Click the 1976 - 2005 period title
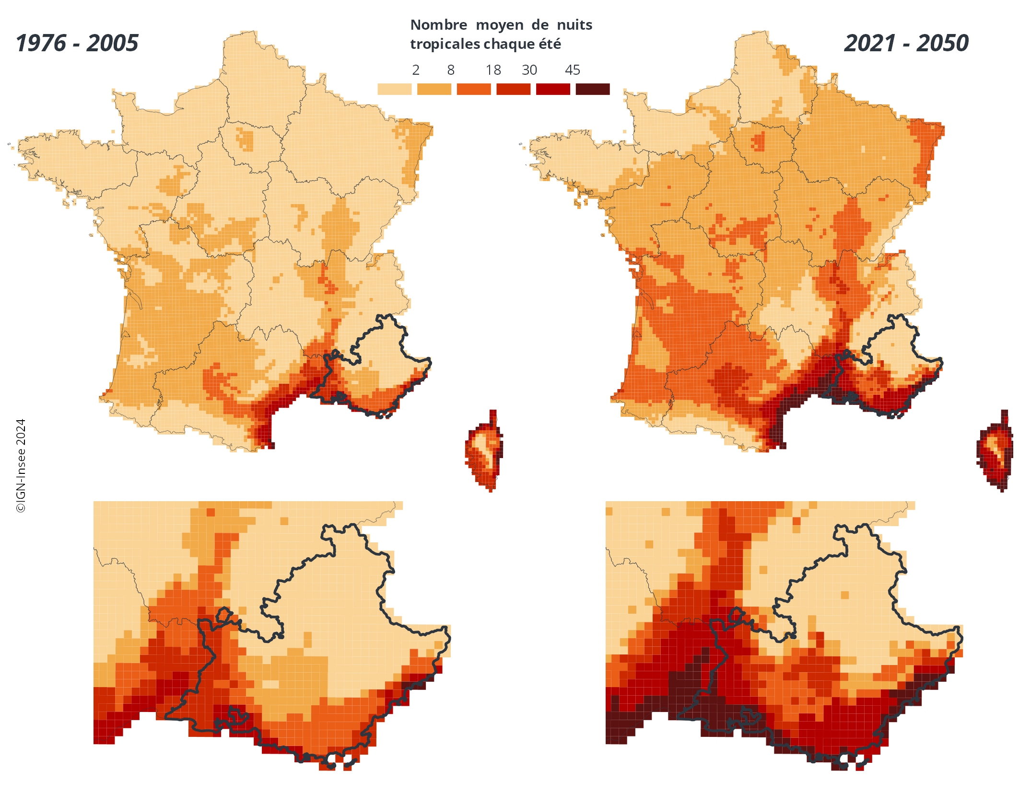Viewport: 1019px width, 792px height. coord(77,43)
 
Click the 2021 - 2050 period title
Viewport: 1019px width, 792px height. coord(906,43)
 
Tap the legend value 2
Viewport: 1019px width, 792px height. coord(416,70)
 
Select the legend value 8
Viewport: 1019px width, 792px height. coord(451,70)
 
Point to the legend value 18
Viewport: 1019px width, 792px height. coord(493,70)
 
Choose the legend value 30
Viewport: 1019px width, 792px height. coord(529,70)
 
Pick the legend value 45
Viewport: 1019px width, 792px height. coord(573,70)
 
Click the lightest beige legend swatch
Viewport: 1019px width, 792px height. coord(394,89)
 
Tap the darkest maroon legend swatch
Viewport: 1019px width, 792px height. coord(592,89)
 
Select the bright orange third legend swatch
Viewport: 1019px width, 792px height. coord(473,89)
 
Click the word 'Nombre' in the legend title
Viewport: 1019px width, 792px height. coord(439,25)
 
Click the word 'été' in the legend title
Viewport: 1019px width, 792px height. coord(550,44)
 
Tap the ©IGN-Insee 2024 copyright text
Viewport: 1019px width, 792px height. coord(21,466)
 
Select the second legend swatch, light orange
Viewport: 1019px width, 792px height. coord(434,89)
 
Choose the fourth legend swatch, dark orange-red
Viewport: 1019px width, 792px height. coord(513,89)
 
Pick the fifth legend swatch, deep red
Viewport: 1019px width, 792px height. coord(553,89)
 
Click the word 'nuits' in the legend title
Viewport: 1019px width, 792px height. coord(574,25)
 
